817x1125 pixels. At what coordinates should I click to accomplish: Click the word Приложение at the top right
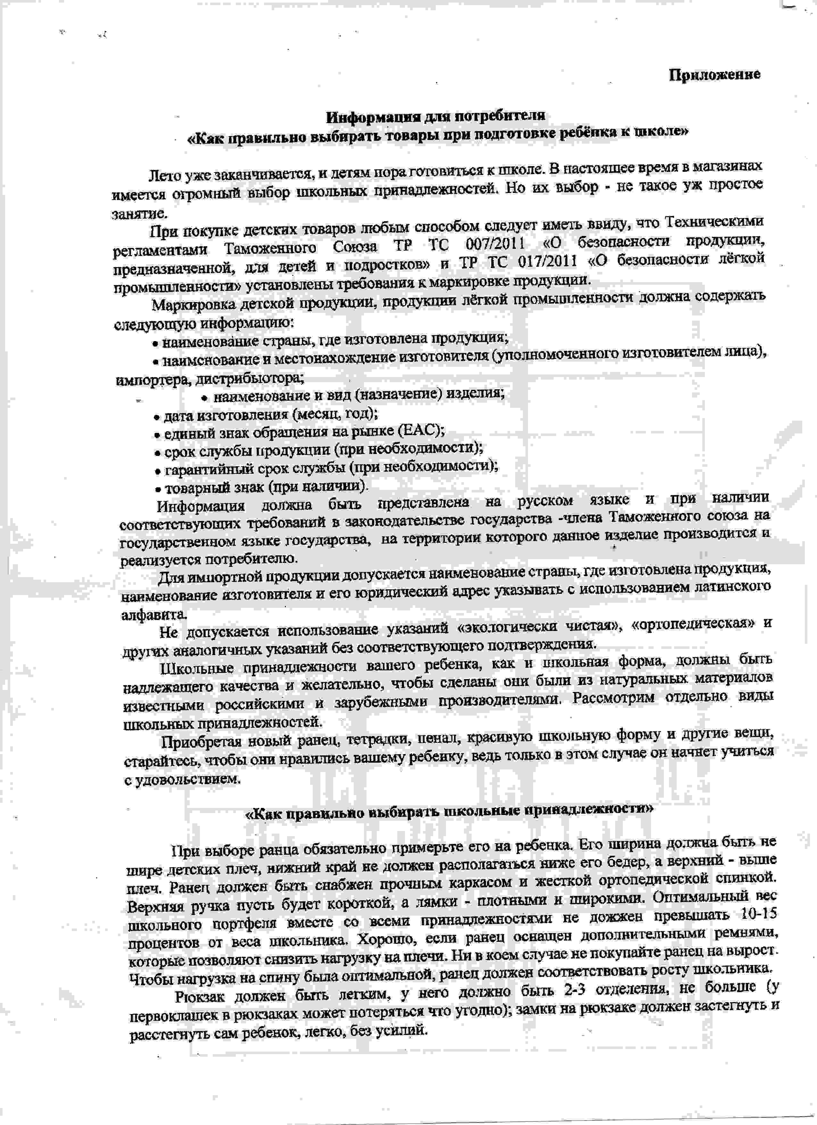click(x=714, y=75)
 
